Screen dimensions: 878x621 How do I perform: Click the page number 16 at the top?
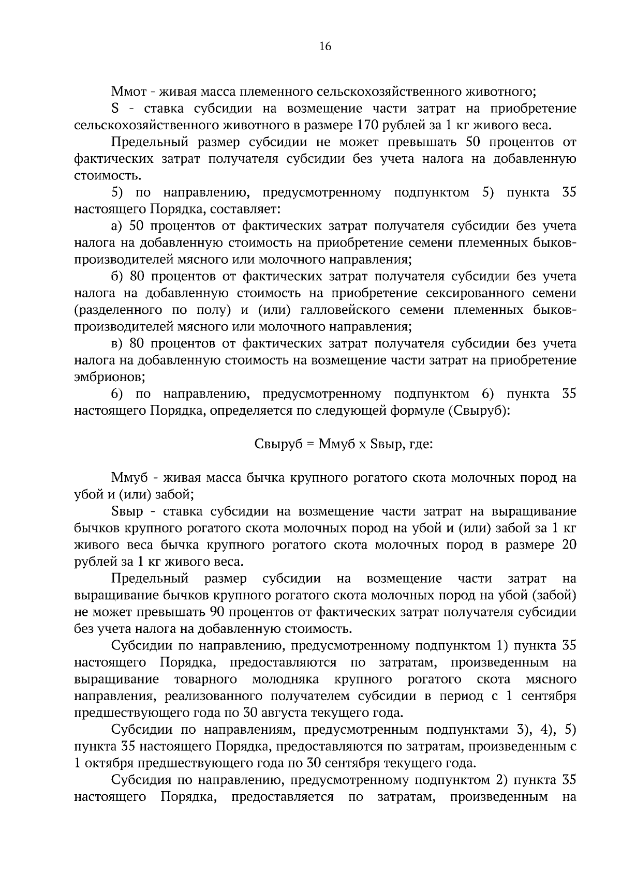click(325, 47)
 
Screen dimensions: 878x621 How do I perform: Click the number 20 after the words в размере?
click(569, 545)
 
